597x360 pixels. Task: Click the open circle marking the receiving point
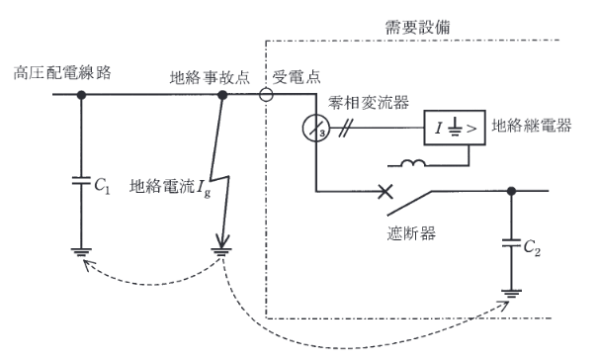click(267, 96)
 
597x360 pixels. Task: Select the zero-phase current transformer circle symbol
click(315, 131)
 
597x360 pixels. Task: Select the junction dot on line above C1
click(80, 96)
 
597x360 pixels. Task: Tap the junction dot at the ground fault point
click(222, 96)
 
